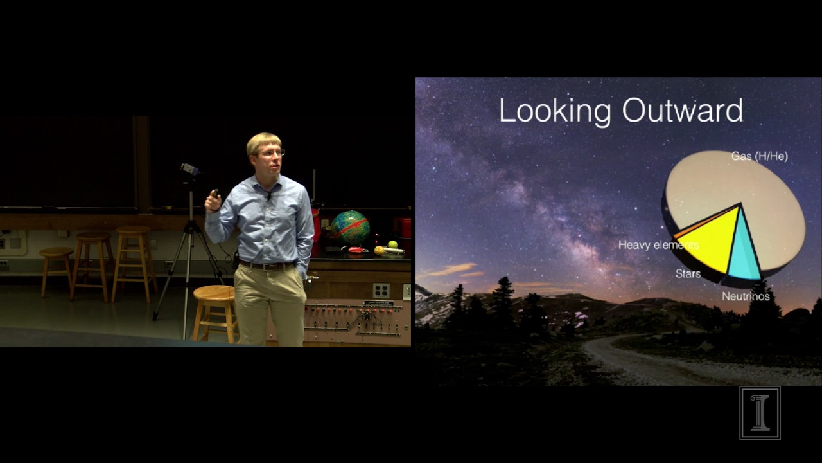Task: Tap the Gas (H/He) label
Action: click(759, 156)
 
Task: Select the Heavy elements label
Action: click(658, 245)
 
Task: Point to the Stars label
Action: click(688, 274)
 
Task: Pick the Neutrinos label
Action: click(745, 296)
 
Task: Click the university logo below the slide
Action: click(760, 413)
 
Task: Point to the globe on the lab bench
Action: click(350, 227)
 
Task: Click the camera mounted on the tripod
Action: click(189, 169)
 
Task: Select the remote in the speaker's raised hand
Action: click(214, 193)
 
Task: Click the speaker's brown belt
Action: click(267, 265)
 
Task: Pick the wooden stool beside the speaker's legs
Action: click(214, 309)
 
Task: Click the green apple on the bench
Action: click(392, 244)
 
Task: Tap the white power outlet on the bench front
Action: click(381, 291)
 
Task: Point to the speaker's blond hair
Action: click(263, 141)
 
